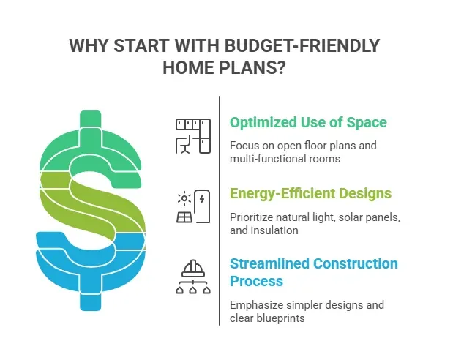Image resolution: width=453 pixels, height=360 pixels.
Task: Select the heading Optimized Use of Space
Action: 308,123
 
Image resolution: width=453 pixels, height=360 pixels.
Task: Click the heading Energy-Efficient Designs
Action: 310,194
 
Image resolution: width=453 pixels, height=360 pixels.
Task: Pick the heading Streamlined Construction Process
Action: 313,272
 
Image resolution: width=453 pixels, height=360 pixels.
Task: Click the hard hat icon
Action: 193,269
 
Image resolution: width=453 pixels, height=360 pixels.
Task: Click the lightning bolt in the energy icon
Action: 201,199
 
